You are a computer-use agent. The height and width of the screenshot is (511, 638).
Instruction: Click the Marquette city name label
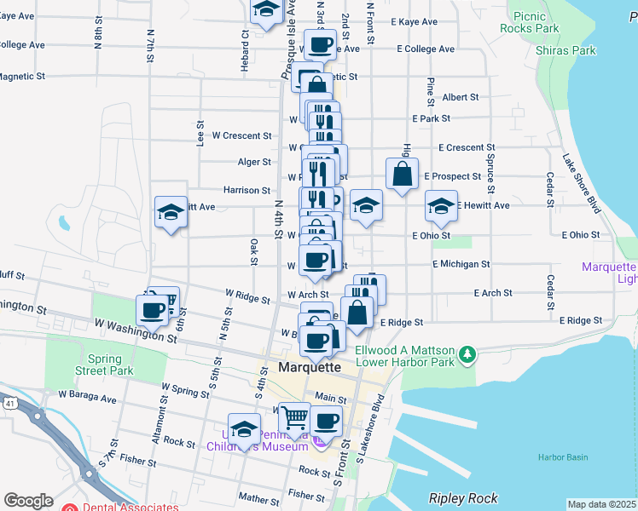pos(310,367)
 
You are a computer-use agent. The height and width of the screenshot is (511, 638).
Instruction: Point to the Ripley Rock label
pos(463,497)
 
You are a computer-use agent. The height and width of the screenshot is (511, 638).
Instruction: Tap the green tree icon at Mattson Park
pos(467,353)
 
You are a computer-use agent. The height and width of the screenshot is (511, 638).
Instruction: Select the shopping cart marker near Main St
pos(294,417)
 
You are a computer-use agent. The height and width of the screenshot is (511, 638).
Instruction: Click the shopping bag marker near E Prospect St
pos(403,174)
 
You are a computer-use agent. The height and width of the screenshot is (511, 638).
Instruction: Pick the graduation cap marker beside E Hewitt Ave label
pos(441,205)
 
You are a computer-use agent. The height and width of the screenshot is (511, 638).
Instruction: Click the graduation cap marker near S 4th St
pos(245,428)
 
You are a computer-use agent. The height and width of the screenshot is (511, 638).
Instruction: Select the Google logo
pos(28,501)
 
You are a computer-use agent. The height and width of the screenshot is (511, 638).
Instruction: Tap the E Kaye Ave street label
pos(413,22)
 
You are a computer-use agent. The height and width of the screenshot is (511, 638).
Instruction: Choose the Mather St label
pos(259,497)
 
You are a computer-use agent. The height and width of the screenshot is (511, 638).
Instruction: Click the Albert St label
pos(461,98)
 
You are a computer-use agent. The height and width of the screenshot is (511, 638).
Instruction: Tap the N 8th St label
pos(99,37)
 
